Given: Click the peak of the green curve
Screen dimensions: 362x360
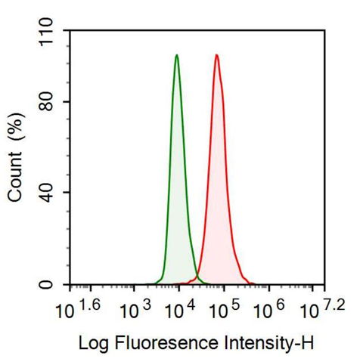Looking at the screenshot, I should click(176, 55).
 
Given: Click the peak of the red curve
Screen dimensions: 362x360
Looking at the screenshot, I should click(216, 55).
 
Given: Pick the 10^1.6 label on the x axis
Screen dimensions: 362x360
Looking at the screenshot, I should click(78, 308).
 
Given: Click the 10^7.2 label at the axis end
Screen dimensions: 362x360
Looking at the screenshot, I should click(321, 308).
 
